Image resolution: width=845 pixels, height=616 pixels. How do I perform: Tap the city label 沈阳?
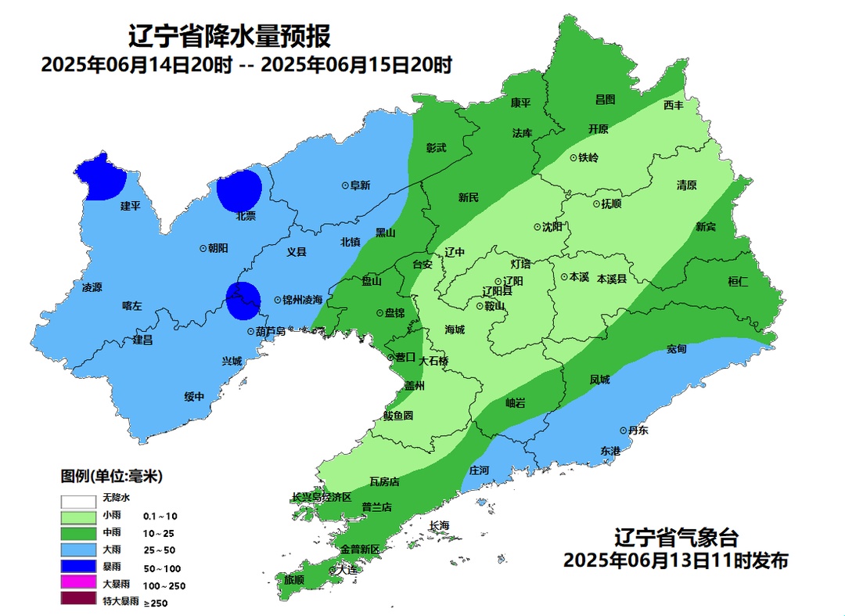pos(552,227)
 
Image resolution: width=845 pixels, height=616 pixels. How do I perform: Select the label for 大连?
pos(347,570)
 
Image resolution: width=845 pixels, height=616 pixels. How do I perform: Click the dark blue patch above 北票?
pos(239,190)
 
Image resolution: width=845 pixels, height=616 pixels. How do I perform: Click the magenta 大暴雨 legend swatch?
pos(77,584)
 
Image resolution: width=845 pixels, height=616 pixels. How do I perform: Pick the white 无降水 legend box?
pos(77,499)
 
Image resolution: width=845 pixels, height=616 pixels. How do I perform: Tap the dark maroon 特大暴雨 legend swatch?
pos(77,601)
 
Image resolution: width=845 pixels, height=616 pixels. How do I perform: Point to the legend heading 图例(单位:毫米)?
pos(112,476)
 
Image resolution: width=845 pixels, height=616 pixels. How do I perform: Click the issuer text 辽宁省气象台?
pos(675,538)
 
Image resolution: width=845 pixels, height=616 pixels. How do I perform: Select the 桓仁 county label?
pos(738,282)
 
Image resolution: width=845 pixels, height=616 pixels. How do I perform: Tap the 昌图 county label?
pos(605,99)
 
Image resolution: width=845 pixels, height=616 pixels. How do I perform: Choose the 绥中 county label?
pos(194,397)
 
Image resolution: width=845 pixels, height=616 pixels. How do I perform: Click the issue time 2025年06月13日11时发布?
pos(675,560)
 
